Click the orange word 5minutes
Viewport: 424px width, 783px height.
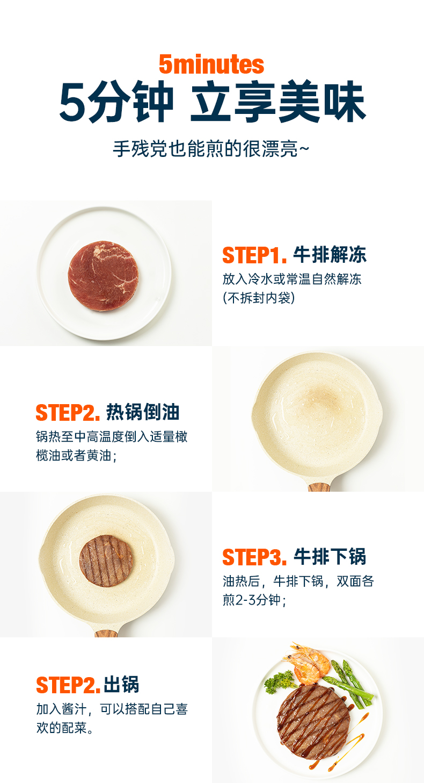click(211, 64)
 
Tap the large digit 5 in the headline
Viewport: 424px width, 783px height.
click(72, 102)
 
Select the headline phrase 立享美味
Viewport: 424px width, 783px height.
click(278, 102)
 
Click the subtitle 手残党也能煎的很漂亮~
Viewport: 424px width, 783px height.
click(211, 149)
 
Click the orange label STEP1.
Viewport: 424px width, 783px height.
click(255, 255)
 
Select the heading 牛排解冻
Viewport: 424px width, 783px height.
click(330, 255)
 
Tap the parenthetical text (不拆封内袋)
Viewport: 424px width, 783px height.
click(259, 298)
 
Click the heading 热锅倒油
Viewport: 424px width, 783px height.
click(143, 412)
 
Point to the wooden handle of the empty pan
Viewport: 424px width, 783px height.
click(319, 486)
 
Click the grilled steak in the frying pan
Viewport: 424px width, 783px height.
click(106, 561)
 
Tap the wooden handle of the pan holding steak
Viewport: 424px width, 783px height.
click(106, 633)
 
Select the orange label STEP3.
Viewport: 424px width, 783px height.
click(255, 557)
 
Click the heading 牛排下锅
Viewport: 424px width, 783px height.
click(330, 557)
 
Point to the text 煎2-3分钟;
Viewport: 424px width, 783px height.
click(254, 600)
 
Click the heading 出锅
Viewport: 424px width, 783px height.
click(121, 685)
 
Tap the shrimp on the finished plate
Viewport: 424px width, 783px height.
click(307, 663)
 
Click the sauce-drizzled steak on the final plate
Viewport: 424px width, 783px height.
click(313, 722)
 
